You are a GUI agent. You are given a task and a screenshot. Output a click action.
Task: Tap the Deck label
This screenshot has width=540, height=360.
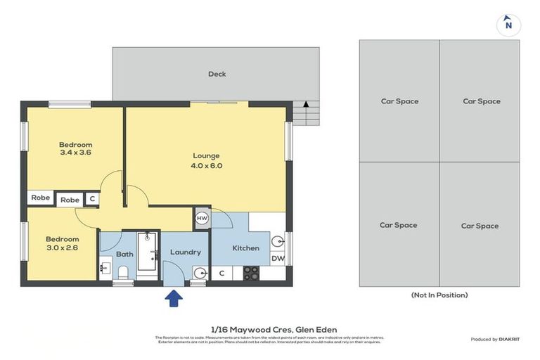(x=217, y=74)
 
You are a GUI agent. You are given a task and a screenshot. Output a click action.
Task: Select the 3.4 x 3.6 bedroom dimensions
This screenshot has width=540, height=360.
(x=75, y=153)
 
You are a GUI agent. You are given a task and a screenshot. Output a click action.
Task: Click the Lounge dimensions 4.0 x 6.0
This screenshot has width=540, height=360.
(x=207, y=166)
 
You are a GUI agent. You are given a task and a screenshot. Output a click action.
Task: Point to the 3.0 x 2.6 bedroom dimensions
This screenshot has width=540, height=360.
(x=63, y=248)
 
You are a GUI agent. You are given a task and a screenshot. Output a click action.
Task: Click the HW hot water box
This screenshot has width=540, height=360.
(x=202, y=219)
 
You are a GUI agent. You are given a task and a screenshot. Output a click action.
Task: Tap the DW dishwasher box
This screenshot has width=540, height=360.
(x=278, y=258)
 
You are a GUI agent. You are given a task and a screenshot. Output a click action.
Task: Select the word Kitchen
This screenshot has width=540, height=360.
(x=246, y=247)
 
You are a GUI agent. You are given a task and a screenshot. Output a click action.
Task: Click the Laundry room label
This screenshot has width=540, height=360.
(x=185, y=252)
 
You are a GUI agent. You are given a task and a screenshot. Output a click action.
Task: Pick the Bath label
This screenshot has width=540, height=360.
(x=124, y=254)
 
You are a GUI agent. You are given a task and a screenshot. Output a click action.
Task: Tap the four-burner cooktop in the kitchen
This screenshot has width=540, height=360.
(x=250, y=273)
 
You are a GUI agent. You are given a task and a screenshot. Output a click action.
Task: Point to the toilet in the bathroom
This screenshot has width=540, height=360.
(x=123, y=273)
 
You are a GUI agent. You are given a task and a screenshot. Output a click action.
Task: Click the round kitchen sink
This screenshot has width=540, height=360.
(x=278, y=241)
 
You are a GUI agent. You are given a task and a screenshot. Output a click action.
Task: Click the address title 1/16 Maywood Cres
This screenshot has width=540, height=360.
(x=274, y=329)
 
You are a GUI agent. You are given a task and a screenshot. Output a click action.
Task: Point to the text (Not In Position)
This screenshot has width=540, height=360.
(x=439, y=295)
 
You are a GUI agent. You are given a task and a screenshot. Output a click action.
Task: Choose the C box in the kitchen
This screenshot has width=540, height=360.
(x=221, y=273)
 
